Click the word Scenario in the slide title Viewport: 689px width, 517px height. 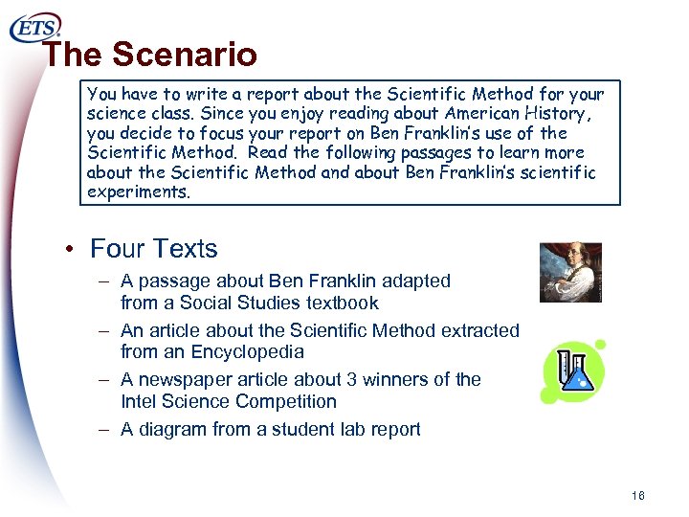pos(184,56)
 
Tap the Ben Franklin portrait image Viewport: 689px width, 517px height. pos(570,273)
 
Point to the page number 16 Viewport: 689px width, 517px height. pos(638,496)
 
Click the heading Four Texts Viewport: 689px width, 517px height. pos(153,249)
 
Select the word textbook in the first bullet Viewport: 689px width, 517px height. pos(342,303)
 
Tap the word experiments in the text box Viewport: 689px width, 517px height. pos(138,191)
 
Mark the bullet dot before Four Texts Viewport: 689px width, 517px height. pos(71,250)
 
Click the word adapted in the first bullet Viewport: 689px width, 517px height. pos(416,281)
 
